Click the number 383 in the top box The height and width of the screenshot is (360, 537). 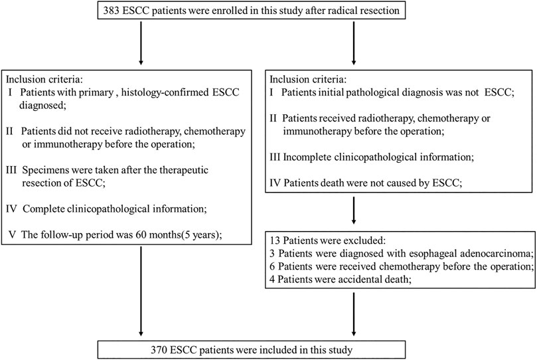[x=111, y=10]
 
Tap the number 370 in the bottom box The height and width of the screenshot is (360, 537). [x=159, y=350]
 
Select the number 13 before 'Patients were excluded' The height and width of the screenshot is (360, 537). [x=275, y=240]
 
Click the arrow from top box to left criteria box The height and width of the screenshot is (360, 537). [x=141, y=42]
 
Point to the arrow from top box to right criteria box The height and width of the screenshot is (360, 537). [x=353, y=42]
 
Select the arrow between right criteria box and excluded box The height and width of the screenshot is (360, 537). [x=353, y=211]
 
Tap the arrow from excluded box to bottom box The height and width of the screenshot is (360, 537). [x=353, y=314]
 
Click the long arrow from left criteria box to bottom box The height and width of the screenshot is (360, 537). [x=141, y=291]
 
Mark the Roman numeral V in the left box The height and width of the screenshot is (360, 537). [x=12, y=234]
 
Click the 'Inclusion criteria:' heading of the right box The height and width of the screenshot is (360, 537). [x=308, y=80]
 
